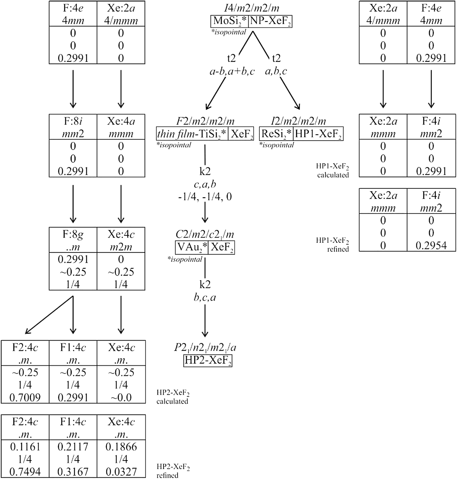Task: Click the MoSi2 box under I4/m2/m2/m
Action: click(230, 21)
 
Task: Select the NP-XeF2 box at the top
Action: click(270, 21)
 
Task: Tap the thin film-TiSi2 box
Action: click(192, 134)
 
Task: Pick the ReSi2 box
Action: click(276, 134)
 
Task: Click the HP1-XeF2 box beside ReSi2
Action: click(318, 134)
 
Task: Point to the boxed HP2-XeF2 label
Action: click(208, 361)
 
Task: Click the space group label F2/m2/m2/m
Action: click(205, 121)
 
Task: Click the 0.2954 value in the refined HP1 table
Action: click(431, 245)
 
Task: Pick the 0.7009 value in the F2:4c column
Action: click(25, 397)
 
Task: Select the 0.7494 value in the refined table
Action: click(25, 472)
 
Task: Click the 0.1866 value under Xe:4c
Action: click(121, 447)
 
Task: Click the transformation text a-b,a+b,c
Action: click(231, 71)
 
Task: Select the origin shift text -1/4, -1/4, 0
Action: click(205, 197)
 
